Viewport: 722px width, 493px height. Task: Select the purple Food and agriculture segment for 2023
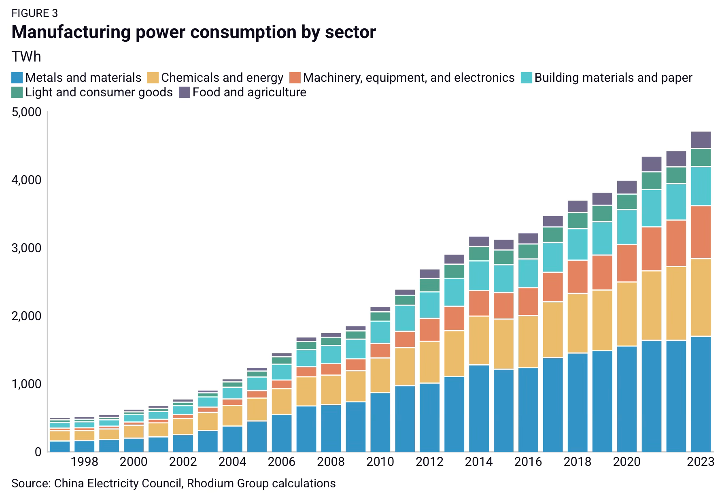(x=701, y=140)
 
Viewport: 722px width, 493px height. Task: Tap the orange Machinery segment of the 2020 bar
(x=627, y=263)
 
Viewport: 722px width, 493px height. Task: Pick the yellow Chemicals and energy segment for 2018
(x=578, y=323)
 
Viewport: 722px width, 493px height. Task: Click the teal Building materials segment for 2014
(x=479, y=276)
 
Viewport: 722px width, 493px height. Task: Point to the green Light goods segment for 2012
(x=430, y=285)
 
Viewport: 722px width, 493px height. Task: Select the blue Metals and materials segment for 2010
(x=380, y=422)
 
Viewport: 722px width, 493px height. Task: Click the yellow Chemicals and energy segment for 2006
(x=282, y=402)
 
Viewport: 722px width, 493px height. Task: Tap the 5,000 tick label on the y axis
(x=27, y=112)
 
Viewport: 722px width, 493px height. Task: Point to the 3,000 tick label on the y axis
(x=27, y=248)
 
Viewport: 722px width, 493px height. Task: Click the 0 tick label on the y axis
(x=38, y=452)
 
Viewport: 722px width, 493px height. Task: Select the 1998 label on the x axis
(x=85, y=462)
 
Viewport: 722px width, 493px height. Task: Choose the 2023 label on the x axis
(x=701, y=462)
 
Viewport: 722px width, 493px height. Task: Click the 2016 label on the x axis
(x=528, y=462)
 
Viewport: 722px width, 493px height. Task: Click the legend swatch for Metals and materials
(x=17, y=78)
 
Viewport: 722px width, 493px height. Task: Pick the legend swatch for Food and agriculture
(x=185, y=92)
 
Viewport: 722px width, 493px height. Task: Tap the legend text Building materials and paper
(x=613, y=78)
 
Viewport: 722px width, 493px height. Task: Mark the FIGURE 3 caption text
(x=35, y=13)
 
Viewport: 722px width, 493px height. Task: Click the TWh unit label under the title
(x=26, y=57)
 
